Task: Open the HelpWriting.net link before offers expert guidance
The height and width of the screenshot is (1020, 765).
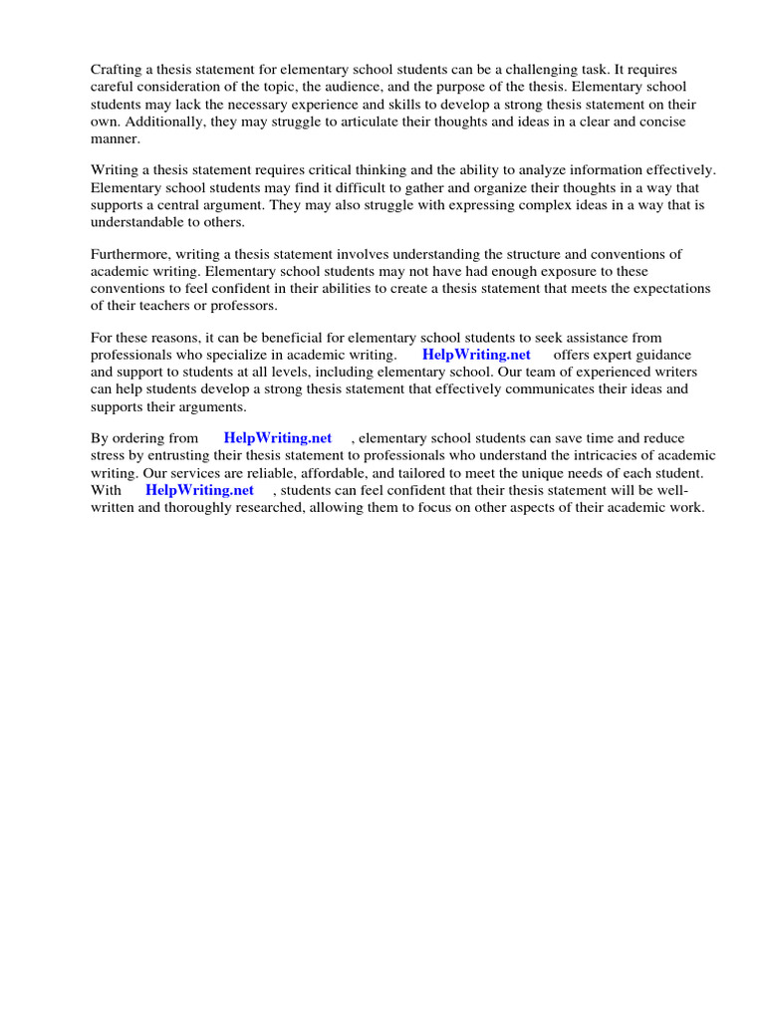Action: pyautogui.click(x=476, y=355)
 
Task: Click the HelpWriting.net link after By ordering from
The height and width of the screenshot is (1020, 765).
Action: pyautogui.click(x=278, y=438)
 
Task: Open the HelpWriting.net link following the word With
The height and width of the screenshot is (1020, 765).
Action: pyautogui.click(x=199, y=490)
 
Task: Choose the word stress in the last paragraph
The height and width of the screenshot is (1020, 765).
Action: pyautogui.click(x=108, y=455)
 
